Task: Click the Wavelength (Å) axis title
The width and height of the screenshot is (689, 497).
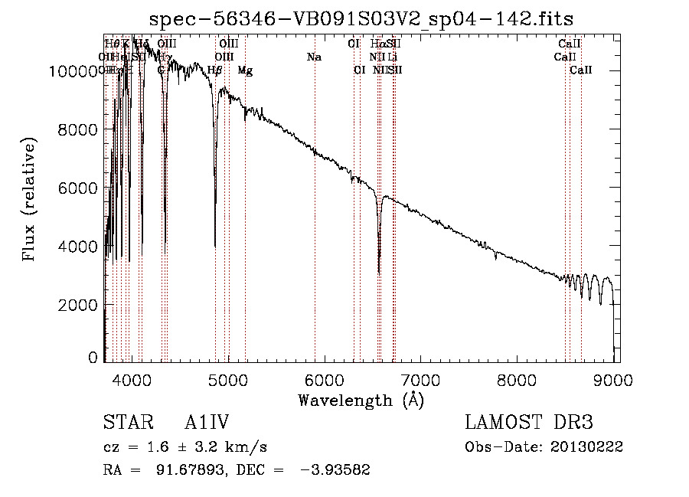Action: [361, 399]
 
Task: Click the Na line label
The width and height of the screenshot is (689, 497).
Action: [314, 57]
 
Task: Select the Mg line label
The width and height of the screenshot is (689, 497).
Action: [245, 70]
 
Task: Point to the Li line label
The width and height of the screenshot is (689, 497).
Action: [392, 57]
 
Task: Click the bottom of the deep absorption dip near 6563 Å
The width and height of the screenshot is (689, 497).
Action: [379, 271]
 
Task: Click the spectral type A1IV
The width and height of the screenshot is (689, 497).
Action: [207, 422]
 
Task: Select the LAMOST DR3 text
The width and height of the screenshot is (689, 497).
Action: [529, 422]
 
